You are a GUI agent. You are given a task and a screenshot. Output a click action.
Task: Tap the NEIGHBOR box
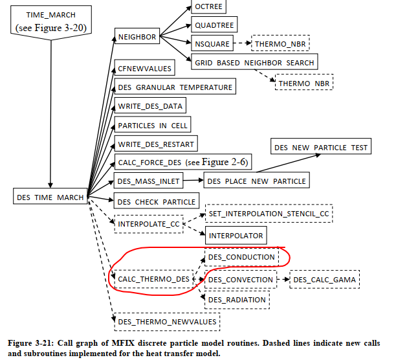coord(137,37)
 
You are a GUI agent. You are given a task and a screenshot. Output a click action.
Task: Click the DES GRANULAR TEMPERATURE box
coord(174,87)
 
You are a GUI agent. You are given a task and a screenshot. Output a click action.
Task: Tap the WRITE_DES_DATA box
coord(150,106)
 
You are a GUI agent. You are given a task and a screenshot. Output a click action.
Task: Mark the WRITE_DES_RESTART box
coord(155,143)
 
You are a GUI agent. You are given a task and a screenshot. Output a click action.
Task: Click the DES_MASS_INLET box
coord(148,180)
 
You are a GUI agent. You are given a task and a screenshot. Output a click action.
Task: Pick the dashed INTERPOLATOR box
coord(235,235)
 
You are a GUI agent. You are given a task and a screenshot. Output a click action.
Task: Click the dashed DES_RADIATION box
coord(237,299)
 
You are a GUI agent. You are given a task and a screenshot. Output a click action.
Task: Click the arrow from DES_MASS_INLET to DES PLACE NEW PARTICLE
coord(193,180)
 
